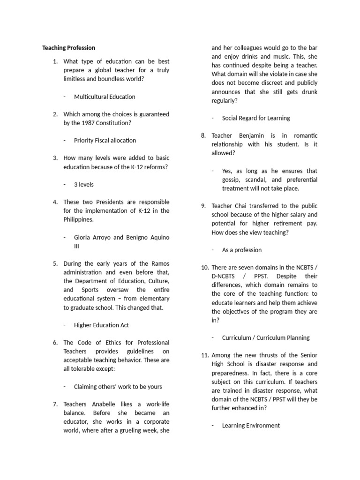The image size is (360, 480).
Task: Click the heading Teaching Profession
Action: pos(68,48)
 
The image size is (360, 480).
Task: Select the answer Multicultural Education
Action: pos(105,97)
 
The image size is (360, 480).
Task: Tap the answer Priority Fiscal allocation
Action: pos(105,140)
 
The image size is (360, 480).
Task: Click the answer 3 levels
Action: pos(84,184)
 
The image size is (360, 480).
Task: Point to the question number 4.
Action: pos(55,202)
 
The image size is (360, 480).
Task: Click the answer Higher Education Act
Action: pos(101,325)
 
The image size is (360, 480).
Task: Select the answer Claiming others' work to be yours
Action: pos(118,387)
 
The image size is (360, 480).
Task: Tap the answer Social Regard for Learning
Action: pos(256,118)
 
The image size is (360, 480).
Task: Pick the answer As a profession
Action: pos(242,250)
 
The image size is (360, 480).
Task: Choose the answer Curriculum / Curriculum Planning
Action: pos(266,337)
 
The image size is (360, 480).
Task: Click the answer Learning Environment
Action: pos(251,426)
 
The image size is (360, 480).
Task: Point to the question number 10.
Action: pos(204,267)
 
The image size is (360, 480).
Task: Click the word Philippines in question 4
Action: pos(79,219)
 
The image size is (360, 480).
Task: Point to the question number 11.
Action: pos(204,355)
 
